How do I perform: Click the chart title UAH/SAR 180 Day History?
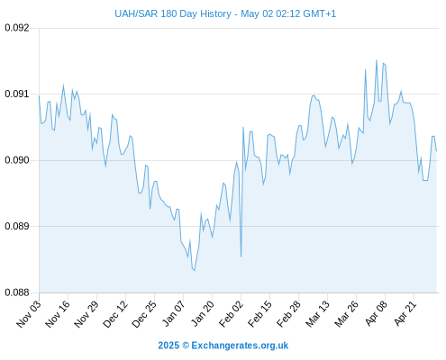click(x=173, y=13)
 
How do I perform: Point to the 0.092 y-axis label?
click(x=17, y=28)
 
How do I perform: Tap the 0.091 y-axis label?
click(x=17, y=94)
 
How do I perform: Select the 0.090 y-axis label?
click(x=17, y=160)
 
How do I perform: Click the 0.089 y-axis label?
click(x=17, y=226)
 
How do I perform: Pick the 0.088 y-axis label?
click(x=17, y=292)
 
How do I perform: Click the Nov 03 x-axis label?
click(x=29, y=314)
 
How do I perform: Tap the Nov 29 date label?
click(x=86, y=314)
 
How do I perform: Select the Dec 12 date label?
click(x=115, y=314)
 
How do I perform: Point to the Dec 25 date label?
click(x=144, y=314)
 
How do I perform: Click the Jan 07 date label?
click(x=173, y=314)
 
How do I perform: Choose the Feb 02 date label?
click(x=231, y=314)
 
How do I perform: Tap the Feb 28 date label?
click(x=288, y=314)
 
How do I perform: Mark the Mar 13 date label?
click(x=317, y=314)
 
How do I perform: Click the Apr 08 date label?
click(x=375, y=314)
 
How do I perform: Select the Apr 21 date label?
click(x=405, y=314)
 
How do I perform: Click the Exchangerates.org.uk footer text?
click(x=240, y=346)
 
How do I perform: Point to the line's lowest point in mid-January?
click(x=195, y=271)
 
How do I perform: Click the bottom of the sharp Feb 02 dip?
click(x=241, y=256)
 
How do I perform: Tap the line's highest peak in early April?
click(x=377, y=60)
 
